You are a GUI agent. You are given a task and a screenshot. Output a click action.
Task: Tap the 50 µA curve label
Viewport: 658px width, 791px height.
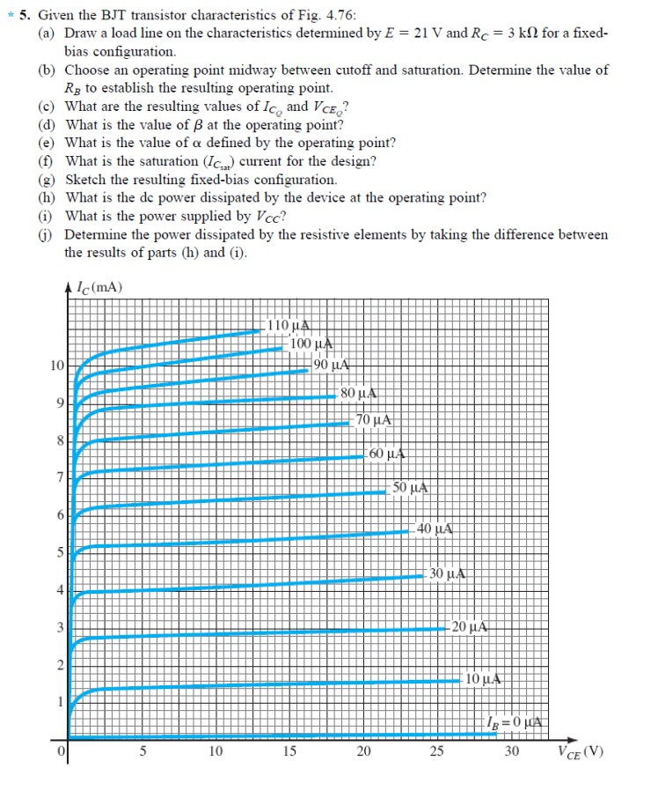[410, 487]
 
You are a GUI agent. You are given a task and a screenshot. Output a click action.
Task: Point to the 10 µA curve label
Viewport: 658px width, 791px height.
[484, 679]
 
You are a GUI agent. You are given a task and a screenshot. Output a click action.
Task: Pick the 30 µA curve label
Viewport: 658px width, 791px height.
[448, 574]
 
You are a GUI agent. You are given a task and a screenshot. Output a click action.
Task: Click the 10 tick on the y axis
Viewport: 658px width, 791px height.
[56, 365]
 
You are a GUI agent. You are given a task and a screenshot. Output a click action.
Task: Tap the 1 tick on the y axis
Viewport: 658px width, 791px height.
[60, 702]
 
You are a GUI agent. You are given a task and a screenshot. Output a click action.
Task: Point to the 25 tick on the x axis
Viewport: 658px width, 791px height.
[436, 751]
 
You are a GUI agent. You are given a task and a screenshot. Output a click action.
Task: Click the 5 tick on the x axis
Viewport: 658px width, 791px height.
[143, 751]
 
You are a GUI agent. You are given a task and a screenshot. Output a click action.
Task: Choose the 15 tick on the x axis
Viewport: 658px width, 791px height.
[289, 751]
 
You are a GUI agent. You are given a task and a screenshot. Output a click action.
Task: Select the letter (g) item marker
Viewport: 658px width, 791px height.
[48, 179]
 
